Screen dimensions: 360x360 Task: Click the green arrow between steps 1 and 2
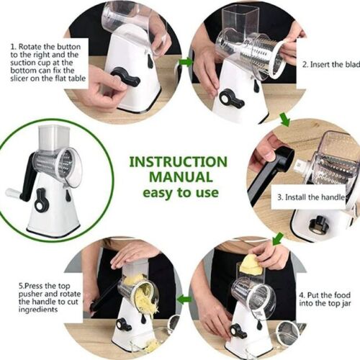click(185, 62)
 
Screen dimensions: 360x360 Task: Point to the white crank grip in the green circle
click(14, 193)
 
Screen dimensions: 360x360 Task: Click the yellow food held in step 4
click(251, 264)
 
